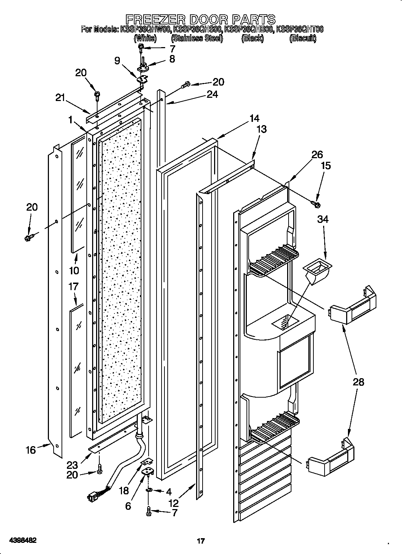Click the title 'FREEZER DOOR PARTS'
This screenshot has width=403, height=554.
[200, 19]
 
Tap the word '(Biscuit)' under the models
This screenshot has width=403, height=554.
[303, 38]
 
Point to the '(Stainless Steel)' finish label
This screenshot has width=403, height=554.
[196, 38]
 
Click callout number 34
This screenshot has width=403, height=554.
[323, 219]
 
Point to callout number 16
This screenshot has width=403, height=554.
[31, 450]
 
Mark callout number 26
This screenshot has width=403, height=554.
[317, 155]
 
